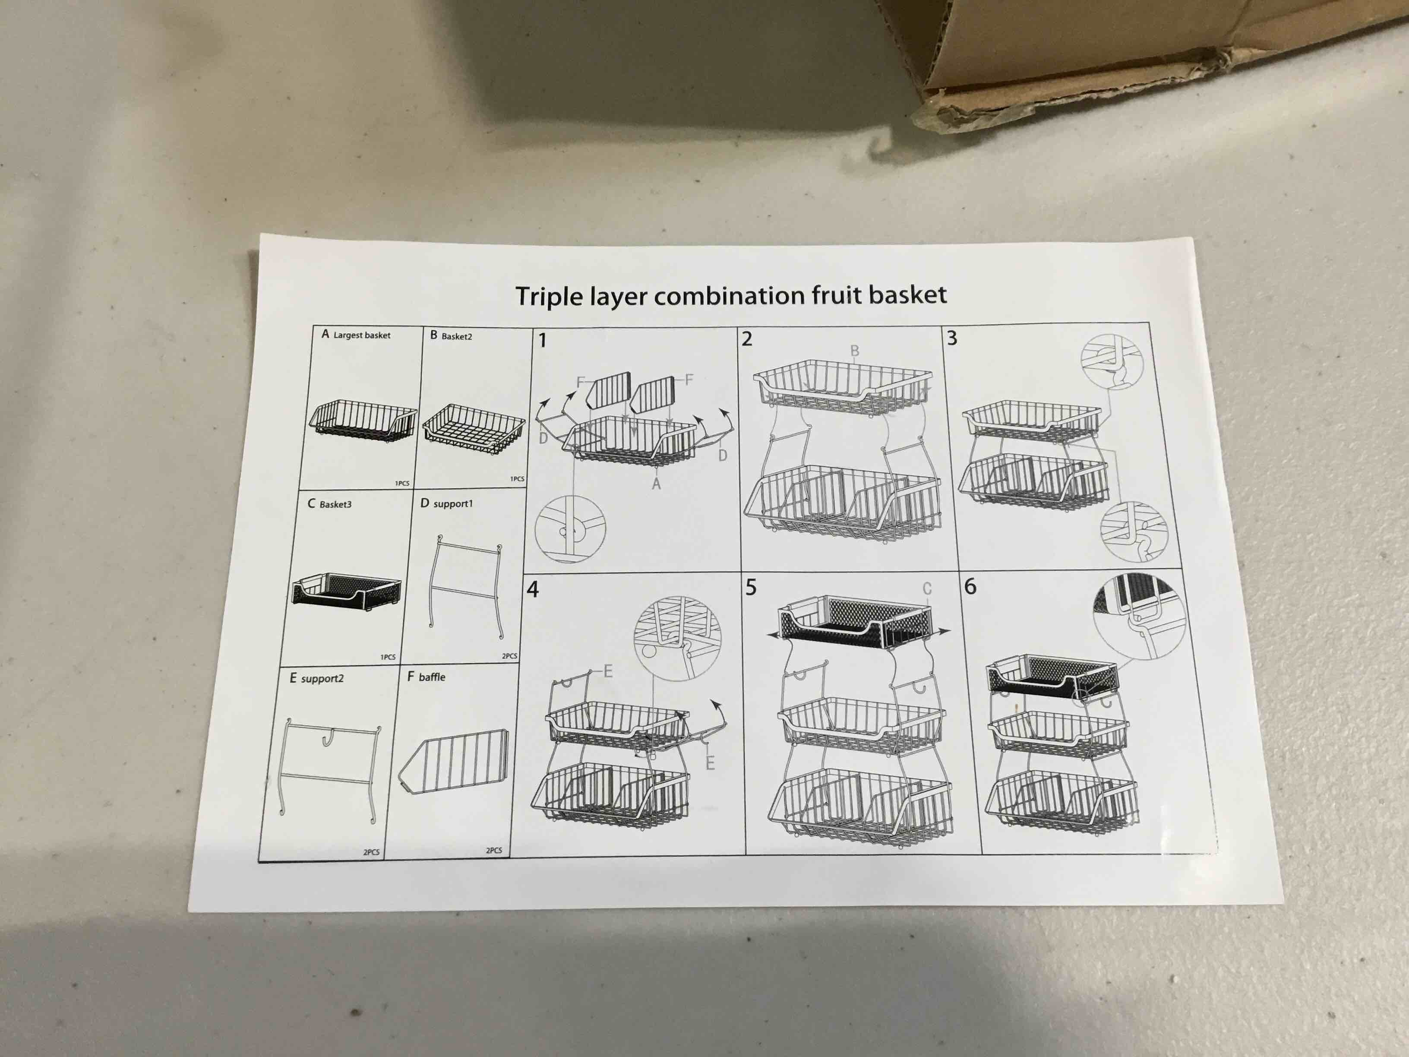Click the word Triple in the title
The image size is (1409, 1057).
tap(549, 297)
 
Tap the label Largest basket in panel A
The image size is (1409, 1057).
tap(361, 335)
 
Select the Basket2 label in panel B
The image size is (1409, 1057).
tap(456, 336)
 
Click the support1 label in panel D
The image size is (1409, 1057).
tap(452, 503)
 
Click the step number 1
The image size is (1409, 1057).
tap(542, 341)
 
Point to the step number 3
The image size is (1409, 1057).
tap(952, 339)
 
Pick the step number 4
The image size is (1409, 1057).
tap(533, 589)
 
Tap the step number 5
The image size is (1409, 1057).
tap(751, 587)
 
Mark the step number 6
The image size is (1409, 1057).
tap(970, 586)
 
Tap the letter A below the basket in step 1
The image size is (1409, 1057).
tap(656, 484)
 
